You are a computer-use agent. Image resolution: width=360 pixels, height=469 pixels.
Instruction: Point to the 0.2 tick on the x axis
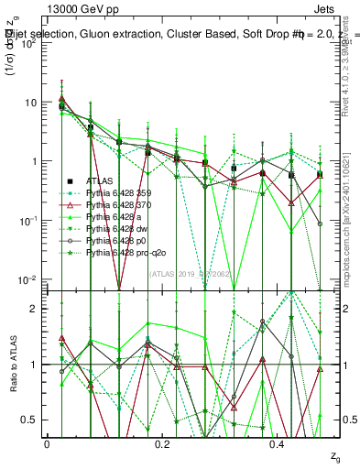tap(163, 442)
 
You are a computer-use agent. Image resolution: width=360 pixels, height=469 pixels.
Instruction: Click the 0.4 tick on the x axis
tap(278, 442)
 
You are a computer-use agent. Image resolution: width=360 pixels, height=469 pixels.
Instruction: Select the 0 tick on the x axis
tap(47, 442)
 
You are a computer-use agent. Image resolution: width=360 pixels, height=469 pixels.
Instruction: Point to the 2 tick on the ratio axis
tap(38, 309)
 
